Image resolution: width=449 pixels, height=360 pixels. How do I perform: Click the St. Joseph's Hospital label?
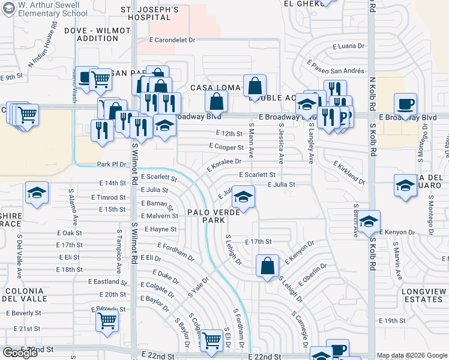(x=149, y=14)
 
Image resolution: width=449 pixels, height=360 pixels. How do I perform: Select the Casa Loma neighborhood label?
(x=215, y=88)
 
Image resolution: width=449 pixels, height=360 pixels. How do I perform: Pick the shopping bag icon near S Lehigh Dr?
(x=267, y=265)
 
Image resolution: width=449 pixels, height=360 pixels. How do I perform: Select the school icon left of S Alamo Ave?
(x=37, y=193)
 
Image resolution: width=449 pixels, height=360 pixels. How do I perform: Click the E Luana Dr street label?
(x=348, y=46)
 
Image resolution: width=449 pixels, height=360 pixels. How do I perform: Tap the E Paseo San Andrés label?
(x=336, y=67)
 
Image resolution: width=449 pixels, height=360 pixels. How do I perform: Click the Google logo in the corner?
(x=20, y=353)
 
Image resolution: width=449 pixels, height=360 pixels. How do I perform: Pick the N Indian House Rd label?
(x=43, y=46)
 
